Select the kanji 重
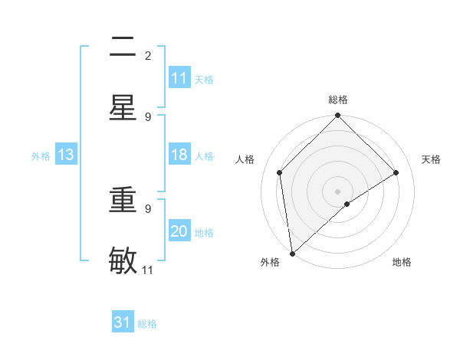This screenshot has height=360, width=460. pos(123,200)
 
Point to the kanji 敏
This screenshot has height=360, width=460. pos(123,261)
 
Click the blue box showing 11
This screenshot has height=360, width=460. pos(179,78)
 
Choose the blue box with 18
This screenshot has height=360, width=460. pos(179,155)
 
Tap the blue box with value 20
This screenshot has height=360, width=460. pos(179,232)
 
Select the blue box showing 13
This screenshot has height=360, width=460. pos(66,155)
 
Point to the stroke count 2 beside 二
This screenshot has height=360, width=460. pos(148,56)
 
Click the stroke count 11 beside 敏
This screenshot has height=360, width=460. pos(148,270)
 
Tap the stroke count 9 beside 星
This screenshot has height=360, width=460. pos(148,117)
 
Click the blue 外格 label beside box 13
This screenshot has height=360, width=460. pos(41,156)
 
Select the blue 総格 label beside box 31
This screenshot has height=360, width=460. pos(147,324)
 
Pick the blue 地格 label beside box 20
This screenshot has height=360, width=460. pos(204,233)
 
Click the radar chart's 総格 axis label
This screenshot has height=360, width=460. pos(338,100)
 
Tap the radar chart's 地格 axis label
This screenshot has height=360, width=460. pos(402,263)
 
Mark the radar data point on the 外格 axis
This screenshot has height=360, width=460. pos(292,254)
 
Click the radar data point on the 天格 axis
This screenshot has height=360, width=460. pos(396,172)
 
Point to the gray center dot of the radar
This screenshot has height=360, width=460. pos(338,191)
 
